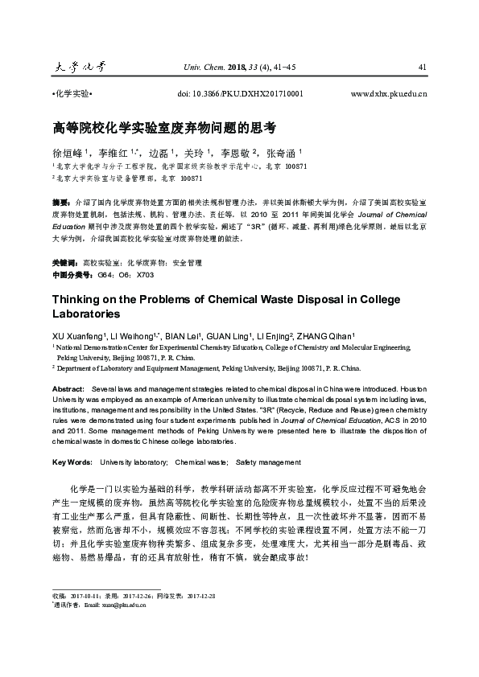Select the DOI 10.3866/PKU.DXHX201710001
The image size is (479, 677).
[x=239, y=94]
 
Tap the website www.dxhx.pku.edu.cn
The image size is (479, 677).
[x=389, y=94]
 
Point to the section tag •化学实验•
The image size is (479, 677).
[x=72, y=94]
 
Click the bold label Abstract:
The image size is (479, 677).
[x=68, y=388]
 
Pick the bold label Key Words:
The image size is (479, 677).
[x=72, y=463]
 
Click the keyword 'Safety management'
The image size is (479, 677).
[x=268, y=463]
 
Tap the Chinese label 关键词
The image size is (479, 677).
[x=64, y=240]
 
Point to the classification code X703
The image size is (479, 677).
[x=146, y=252]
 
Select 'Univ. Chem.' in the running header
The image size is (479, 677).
[x=200, y=66]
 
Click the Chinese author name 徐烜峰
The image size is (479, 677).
[x=71, y=153]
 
